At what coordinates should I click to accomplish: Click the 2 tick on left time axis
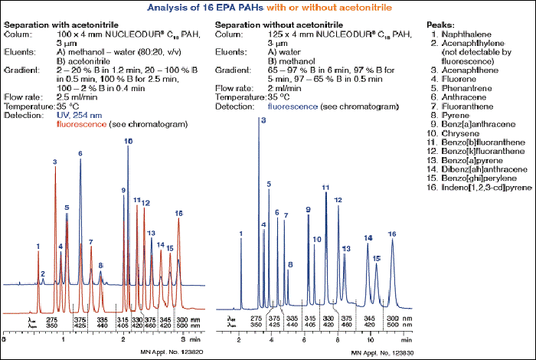click(x=123, y=337)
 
